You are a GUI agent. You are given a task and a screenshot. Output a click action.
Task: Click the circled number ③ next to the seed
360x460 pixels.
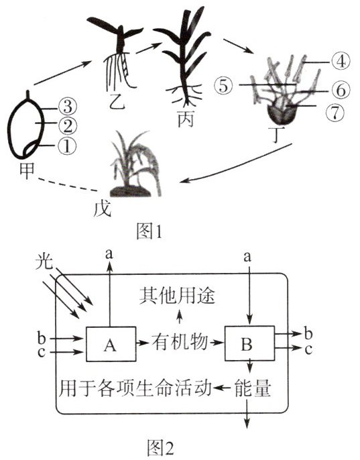click(68, 107)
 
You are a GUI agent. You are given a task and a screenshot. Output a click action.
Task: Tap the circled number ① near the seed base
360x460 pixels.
click(67, 146)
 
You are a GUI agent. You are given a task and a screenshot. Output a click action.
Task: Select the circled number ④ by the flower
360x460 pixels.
click(341, 62)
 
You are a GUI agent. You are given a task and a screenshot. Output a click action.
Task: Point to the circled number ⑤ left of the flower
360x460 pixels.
click(223, 86)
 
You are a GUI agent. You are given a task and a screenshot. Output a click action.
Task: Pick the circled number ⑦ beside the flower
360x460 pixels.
click(335, 113)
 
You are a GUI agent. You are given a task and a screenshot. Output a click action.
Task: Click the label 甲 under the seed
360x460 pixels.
click(27, 170)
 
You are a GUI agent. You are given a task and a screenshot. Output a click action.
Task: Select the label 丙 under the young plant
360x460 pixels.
click(186, 119)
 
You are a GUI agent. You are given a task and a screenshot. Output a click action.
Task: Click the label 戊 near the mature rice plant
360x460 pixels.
click(103, 209)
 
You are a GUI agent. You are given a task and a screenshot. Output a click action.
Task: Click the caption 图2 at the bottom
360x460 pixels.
click(160, 447)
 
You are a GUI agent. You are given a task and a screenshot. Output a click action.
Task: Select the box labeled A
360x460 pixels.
click(111, 344)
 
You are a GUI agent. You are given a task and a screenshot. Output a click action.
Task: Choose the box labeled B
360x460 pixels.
click(249, 343)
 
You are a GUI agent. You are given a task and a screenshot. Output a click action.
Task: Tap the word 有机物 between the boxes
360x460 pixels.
click(180, 342)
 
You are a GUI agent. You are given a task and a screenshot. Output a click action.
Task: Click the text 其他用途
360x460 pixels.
click(177, 296)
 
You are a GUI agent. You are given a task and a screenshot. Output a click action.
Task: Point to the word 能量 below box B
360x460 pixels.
click(253, 389)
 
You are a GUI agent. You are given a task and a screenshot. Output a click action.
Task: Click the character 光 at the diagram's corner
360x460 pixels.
click(44, 261)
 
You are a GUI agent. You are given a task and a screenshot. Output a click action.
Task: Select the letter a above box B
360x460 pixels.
click(247, 257)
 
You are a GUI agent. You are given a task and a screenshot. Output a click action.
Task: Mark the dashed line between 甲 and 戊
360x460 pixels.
click(68, 184)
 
